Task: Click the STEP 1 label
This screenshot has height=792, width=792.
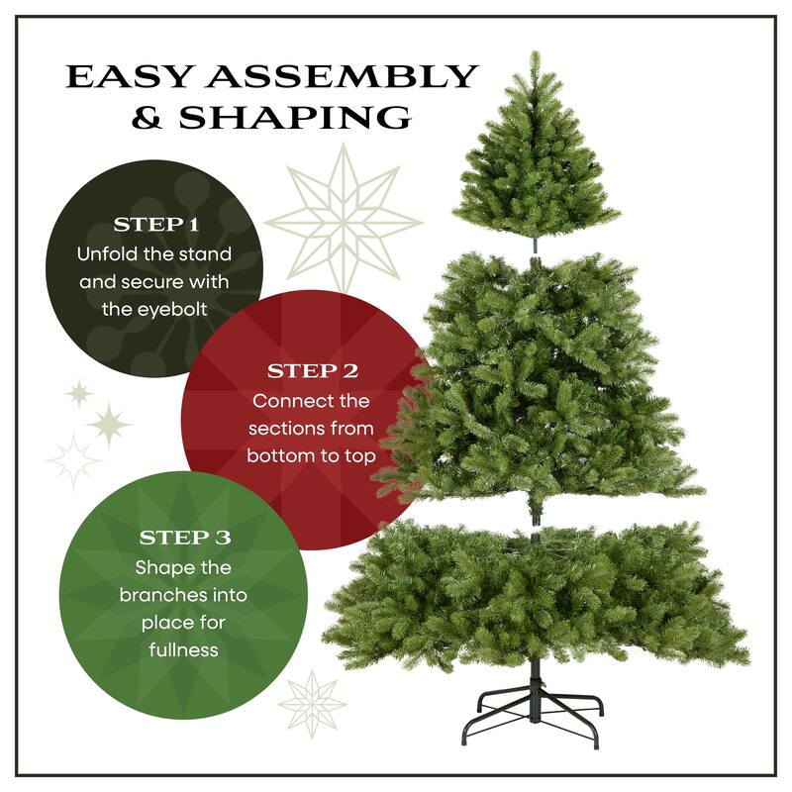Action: click(x=155, y=224)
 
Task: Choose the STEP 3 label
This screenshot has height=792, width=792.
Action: click(x=184, y=538)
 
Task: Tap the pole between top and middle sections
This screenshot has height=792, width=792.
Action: click(x=535, y=244)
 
